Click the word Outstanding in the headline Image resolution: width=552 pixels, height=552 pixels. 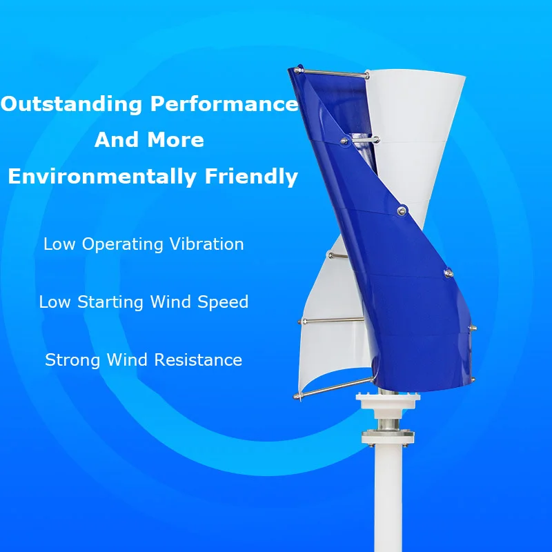[x=72, y=105]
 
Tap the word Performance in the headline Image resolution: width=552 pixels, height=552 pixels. [x=224, y=105]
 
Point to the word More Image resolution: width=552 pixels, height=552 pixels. [x=178, y=140]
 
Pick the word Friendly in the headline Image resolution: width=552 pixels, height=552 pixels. [x=252, y=176]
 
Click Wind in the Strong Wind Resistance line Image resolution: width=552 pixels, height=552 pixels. [x=129, y=360]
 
